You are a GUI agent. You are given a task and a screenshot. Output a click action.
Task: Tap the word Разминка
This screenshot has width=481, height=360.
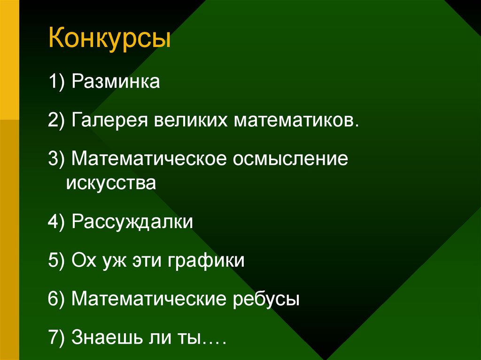pos(116,83)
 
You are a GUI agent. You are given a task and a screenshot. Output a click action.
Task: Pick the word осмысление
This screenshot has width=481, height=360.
pos(290,160)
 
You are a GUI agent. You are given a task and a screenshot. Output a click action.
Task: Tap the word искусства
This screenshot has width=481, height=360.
pos(111,183)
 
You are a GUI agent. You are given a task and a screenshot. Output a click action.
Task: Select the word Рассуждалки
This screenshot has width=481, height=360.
pos(132,222)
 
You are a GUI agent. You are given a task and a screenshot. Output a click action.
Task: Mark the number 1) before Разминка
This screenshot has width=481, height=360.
pos(57,83)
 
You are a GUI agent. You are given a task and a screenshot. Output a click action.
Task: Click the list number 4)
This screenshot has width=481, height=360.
pos(57,222)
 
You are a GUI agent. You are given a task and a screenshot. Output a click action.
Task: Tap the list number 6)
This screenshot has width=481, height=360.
pos(57,299)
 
